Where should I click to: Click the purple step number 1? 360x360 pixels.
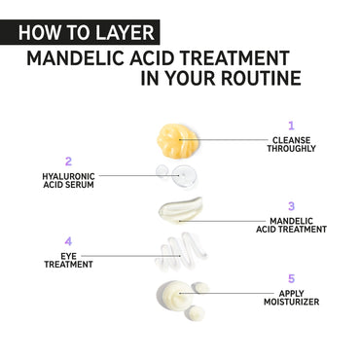coord(291,126)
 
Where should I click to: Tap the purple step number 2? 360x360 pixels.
coord(68,162)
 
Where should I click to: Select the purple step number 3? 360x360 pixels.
coord(291,206)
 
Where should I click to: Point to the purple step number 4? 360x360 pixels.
coord(68,241)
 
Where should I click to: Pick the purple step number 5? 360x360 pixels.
coord(291,278)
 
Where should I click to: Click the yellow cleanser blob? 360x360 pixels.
coord(177,141)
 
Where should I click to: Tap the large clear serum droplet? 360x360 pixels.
coord(183,176)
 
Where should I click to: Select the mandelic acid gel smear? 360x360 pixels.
coord(181,210)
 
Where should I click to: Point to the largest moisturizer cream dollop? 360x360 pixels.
coord(174,294)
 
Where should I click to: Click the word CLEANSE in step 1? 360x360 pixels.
coord(291,140)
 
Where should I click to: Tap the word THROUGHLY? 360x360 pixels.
coord(291,149)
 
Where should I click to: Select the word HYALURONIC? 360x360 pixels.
coord(68,176)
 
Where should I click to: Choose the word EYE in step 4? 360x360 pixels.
coord(68,256)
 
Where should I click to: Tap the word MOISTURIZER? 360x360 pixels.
coord(291,302)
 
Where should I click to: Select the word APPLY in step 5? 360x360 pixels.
coord(292,294)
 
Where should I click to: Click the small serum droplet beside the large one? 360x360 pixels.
coord(162,171)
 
